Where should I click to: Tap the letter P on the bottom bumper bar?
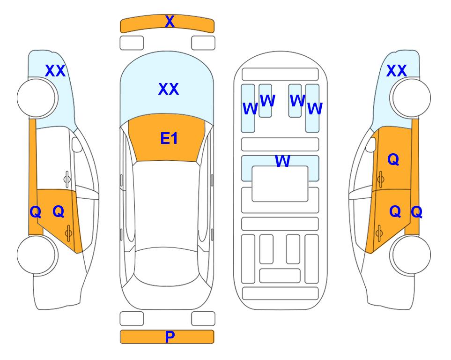click(170, 337)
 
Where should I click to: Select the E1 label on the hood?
click(169, 138)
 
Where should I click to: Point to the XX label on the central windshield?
click(169, 89)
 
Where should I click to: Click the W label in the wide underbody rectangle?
click(282, 161)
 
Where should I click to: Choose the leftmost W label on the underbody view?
click(250, 109)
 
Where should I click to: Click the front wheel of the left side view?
click(37, 98)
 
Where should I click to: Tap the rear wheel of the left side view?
click(37, 255)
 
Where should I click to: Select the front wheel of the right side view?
click(410, 98)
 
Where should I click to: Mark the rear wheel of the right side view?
click(410, 255)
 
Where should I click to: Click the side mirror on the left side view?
click(77, 144)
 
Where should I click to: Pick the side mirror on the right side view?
click(371, 144)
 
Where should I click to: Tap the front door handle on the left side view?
click(67, 179)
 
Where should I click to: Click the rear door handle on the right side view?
click(379, 233)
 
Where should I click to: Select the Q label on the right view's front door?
click(393, 159)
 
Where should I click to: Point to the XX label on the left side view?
click(55, 71)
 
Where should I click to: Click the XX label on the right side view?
click(396, 71)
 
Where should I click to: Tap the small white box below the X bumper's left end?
click(132, 43)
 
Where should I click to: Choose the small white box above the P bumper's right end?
click(203, 319)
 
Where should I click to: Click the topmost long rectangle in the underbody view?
click(280, 75)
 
